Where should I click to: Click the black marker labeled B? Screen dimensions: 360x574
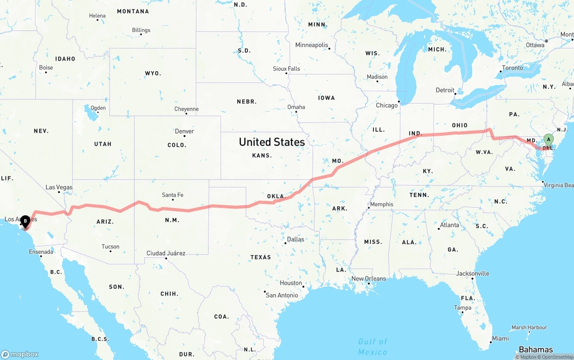(x=26, y=221)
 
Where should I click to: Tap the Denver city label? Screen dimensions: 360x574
(x=184, y=131)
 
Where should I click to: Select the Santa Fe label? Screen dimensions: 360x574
(x=173, y=195)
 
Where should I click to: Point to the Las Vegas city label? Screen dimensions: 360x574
(x=59, y=187)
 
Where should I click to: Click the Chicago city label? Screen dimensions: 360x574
(x=387, y=105)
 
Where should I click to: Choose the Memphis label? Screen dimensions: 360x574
(x=382, y=204)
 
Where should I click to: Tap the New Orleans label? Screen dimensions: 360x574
(x=368, y=278)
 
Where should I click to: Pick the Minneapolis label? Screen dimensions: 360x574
(x=312, y=45)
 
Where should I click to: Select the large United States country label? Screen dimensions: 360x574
(x=272, y=142)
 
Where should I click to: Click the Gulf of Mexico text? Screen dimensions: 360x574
(x=373, y=347)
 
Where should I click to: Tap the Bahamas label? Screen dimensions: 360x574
(x=535, y=350)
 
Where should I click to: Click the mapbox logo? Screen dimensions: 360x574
(x=20, y=354)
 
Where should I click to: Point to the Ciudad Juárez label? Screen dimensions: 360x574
(x=166, y=253)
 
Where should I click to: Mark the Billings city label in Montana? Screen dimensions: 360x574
(x=141, y=30)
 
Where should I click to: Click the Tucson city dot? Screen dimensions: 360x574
(x=111, y=251)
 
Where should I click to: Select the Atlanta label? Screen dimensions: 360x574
(x=449, y=225)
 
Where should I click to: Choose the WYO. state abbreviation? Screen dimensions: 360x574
(x=153, y=73)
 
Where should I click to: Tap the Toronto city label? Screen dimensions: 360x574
(x=512, y=68)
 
